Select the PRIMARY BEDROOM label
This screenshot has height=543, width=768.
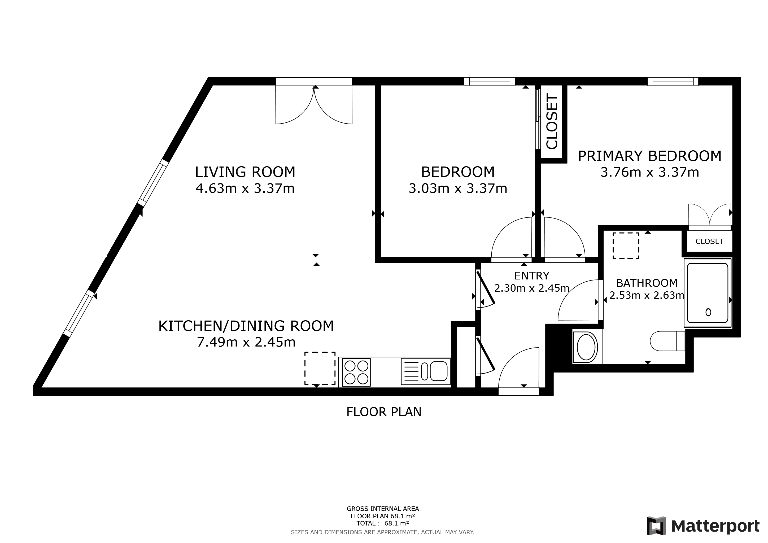pyautogui.click(x=649, y=156)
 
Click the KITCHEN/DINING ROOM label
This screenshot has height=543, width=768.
pyautogui.click(x=246, y=326)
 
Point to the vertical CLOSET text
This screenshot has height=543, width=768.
pyautogui.click(x=552, y=122)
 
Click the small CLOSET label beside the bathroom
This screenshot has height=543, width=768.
pyautogui.click(x=709, y=242)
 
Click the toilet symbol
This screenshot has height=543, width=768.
pyautogui.click(x=667, y=341)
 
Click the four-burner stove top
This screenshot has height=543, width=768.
pyautogui.click(x=356, y=372)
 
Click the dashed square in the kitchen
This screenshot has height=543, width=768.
pyautogui.click(x=320, y=368)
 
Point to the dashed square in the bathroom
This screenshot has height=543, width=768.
pyautogui.click(x=626, y=246)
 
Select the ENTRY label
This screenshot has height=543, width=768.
pyautogui.click(x=531, y=276)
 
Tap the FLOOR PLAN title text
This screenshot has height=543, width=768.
pyautogui.click(x=384, y=412)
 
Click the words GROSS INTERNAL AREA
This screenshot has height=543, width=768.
pyautogui.click(x=383, y=509)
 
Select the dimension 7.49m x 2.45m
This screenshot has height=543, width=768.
pyautogui.click(x=246, y=342)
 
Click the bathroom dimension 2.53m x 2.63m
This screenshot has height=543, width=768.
pyautogui.click(x=646, y=296)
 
